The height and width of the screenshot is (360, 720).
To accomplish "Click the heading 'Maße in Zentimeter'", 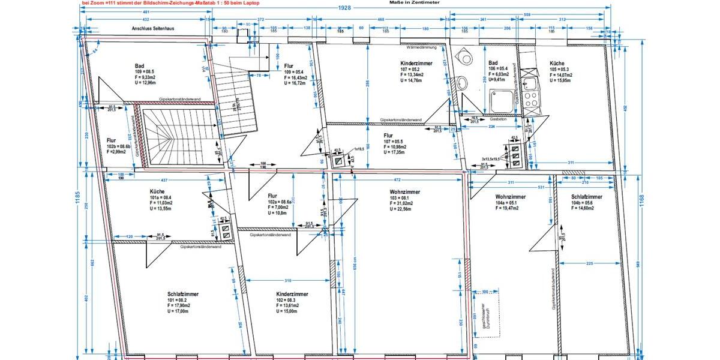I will pyautogui.click(x=413, y=3).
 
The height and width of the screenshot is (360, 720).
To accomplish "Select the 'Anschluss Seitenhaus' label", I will pyautogui.click(x=153, y=28).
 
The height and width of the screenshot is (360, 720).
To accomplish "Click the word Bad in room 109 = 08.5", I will pyautogui.click(x=139, y=66).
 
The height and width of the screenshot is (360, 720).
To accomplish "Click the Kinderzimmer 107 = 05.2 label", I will pyautogui.click(x=416, y=63).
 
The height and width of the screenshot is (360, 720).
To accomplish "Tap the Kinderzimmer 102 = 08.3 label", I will pyautogui.click(x=292, y=295).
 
